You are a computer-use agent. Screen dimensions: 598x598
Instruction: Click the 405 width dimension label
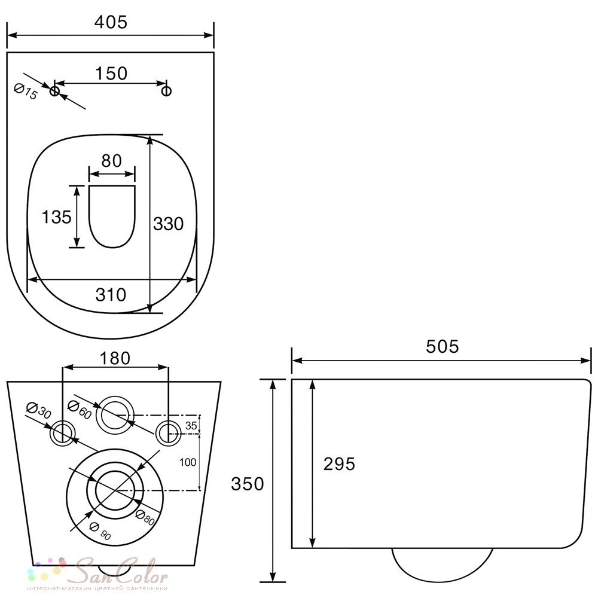111,22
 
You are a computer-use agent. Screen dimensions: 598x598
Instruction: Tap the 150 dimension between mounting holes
111,73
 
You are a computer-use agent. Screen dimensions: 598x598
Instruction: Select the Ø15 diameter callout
26,91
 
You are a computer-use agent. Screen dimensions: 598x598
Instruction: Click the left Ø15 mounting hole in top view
54,91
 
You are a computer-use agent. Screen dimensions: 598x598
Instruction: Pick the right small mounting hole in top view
166,91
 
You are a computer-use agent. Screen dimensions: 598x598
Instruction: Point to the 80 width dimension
111,161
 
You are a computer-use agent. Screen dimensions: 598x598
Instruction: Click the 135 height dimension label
56,217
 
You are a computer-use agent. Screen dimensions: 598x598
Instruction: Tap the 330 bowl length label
168,224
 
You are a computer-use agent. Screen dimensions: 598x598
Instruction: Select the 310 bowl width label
111,295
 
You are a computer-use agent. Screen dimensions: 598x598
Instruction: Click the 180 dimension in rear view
115,358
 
